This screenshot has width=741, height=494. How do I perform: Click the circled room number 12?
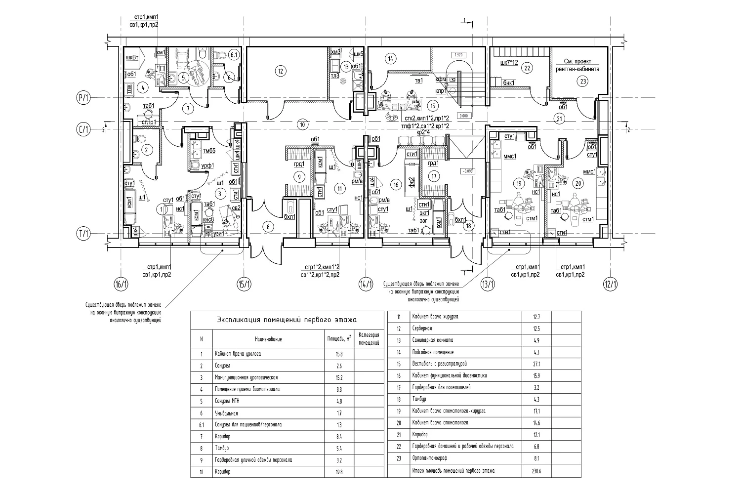point(280,71)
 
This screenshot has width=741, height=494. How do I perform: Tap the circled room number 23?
point(583,82)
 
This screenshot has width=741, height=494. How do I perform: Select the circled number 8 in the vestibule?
point(267,227)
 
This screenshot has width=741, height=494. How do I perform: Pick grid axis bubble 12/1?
point(610,285)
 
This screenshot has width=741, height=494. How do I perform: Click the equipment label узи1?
point(219,234)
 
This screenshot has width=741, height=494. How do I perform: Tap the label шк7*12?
point(509,63)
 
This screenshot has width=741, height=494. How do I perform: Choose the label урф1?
point(207,165)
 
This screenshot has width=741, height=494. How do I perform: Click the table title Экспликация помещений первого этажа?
point(287,321)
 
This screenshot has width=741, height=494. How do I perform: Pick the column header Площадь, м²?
point(339,339)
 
